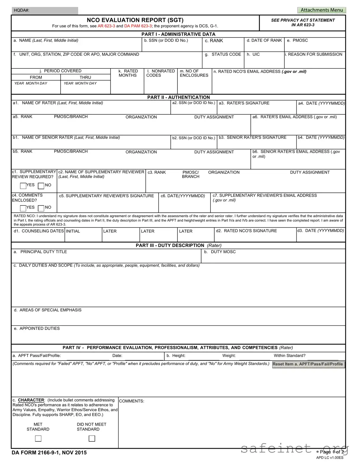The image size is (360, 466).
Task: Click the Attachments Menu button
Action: tap(322, 10)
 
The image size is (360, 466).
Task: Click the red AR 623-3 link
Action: tap(106, 26)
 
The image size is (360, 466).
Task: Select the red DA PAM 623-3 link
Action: tap(138, 26)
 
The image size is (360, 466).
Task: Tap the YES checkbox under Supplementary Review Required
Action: tap(23, 186)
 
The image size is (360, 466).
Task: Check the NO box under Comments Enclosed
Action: tap(41, 208)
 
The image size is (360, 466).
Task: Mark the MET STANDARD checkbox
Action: tap(38, 438)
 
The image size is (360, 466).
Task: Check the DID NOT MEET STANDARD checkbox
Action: tap(92, 438)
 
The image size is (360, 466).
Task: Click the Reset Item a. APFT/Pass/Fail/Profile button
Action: tap(308, 364)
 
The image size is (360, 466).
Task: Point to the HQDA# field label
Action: tap(22, 11)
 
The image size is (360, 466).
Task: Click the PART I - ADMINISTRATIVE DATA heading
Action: tap(178, 34)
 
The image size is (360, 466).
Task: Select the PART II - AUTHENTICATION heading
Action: tap(178, 97)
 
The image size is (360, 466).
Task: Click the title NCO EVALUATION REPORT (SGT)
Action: tap(135, 20)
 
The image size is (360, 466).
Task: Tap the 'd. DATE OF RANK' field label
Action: tap(264, 41)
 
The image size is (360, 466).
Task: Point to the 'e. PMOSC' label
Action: tap(297, 41)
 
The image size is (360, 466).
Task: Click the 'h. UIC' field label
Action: tap(253, 54)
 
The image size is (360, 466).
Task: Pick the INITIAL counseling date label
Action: tap(73, 231)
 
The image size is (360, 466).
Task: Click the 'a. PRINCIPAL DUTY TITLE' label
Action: tap(40, 252)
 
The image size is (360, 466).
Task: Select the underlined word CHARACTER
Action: tap(31, 400)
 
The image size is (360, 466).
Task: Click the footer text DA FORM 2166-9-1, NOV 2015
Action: tap(49, 453)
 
